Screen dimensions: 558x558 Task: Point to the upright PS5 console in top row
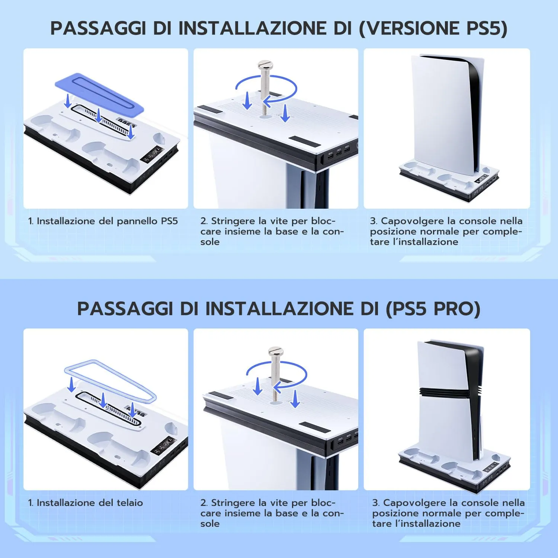click(446, 112)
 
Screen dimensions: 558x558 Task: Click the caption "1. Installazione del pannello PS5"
click(103, 221)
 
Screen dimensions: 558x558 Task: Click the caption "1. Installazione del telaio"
click(86, 503)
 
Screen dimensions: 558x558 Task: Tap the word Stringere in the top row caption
click(233, 221)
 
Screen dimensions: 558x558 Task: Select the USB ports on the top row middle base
click(338, 151)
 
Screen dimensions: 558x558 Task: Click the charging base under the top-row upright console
click(446, 182)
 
